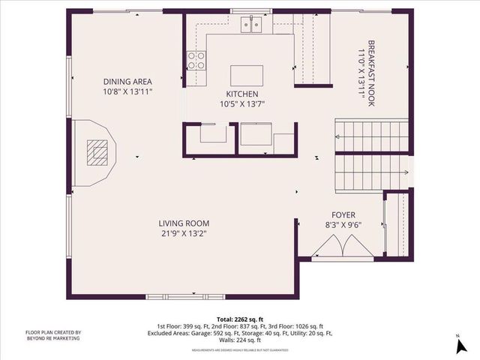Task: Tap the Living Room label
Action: click(x=183, y=223)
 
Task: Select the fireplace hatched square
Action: click(x=96, y=153)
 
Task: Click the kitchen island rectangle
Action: click(x=247, y=76)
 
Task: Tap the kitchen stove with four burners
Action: click(x=196, y=61)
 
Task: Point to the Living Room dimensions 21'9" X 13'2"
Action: click(x=183, y=233)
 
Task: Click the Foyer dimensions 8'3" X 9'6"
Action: click(x=343, y=224)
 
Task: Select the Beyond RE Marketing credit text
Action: click(x=53, y=336)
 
